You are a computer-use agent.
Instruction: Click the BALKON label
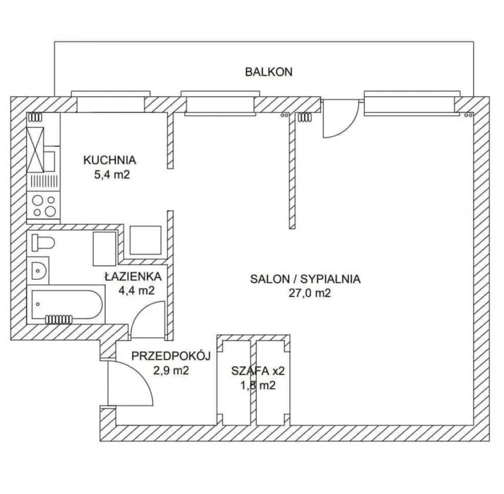pos(269,72)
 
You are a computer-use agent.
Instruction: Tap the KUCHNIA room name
pos(110,160)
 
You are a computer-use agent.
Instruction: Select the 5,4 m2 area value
pos(112,175)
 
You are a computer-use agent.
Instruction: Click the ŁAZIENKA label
pos(133,276)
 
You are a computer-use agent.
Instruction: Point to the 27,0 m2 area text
pos(310,293)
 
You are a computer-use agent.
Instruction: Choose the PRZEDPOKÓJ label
pos(171,355)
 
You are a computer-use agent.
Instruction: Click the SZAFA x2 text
pos(258,371)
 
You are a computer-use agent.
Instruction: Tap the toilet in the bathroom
pos(43,242)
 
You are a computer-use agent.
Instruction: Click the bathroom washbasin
pos(39,271)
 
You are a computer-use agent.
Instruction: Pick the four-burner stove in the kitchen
pos(43,206)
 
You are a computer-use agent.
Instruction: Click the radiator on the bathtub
pos(59,319)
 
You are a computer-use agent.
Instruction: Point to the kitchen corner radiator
pos(35,117)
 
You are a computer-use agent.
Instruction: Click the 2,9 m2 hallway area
pos(171,370)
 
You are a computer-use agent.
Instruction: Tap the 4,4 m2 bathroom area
pos(137,290)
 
